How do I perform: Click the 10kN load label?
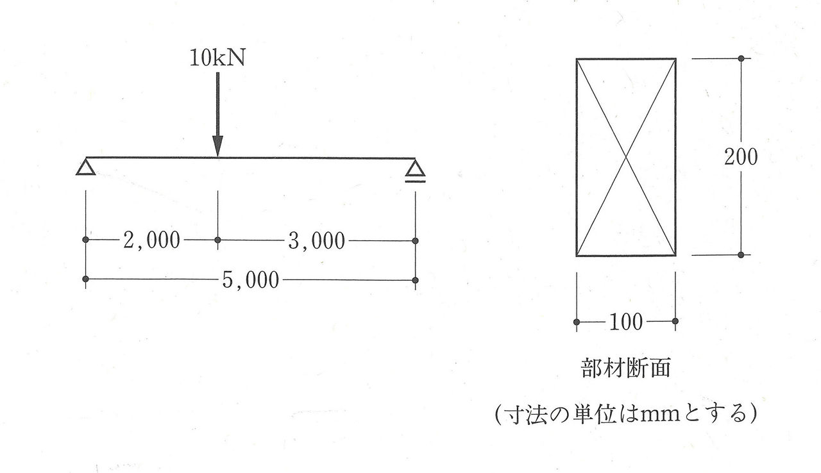click(217, 58)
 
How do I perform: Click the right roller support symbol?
click(415, 170)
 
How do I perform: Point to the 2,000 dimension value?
click(151, 241)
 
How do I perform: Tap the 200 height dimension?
click(741, 158)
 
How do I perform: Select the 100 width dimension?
click(625, 322)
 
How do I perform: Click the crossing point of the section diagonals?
click(626, 157)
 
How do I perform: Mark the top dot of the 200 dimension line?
click(741, 58)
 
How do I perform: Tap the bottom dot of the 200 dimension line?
click(741, 255)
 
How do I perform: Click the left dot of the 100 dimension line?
click(577, 321)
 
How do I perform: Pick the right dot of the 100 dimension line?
click(675, 321)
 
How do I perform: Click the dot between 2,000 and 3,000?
click(217, 240)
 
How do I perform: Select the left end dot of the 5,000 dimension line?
click(85, 279)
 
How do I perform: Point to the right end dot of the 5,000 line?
click(416, 280)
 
